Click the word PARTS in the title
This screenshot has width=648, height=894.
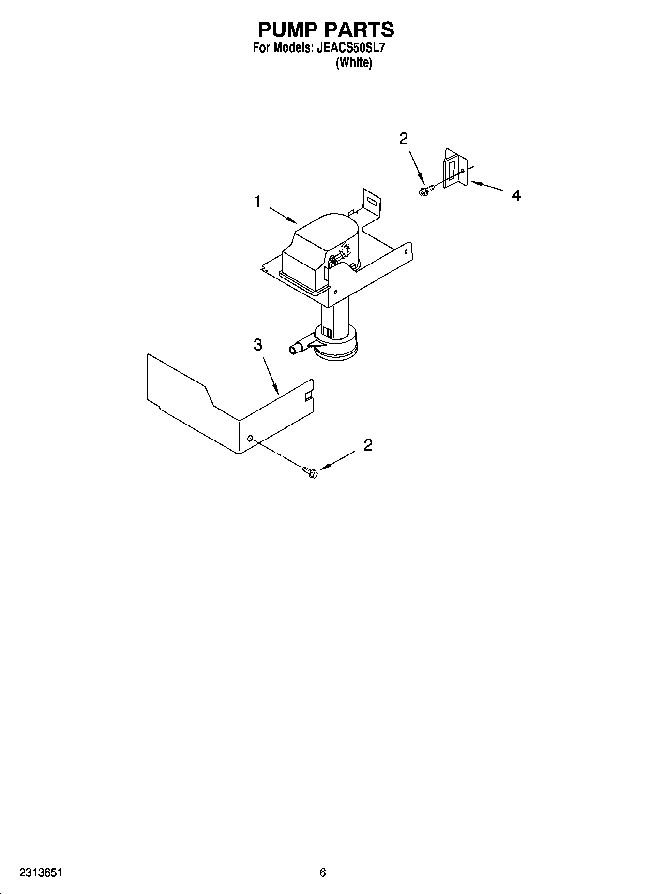[360, 30]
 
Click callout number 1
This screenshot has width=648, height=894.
[258, 201]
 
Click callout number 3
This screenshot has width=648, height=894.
[258, 345]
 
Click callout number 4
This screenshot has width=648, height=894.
[516, 195]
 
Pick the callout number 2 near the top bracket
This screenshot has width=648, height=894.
[403, 139]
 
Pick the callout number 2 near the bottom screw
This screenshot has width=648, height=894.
[368, 445]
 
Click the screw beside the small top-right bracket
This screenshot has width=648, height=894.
[425, 191]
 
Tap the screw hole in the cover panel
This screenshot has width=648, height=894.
[250, 438]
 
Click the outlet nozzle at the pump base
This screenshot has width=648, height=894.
[296, 349]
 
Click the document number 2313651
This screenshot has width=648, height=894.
[41, 873]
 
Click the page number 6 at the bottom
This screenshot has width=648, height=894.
[323, 873]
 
